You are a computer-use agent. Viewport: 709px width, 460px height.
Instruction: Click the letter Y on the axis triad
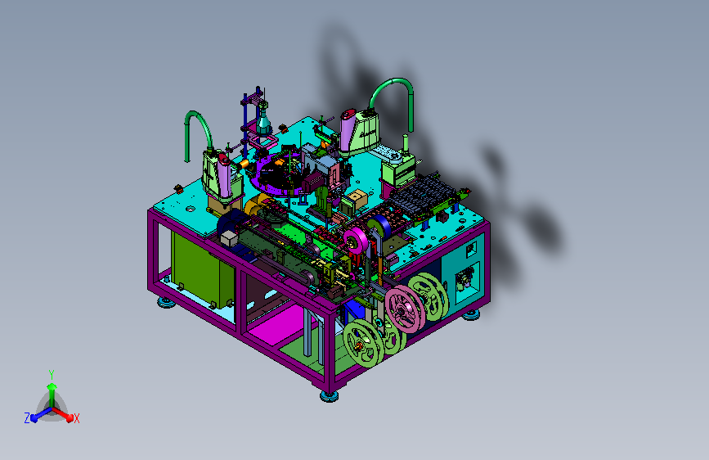pyautogui.click(x=52, y=374)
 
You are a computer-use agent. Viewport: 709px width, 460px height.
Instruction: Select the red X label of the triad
pyautogui.click(x=76, y=418)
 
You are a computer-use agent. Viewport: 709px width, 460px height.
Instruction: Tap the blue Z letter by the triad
pyautogui.click(x=27, y=418)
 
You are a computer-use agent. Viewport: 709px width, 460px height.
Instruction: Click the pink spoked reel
pyautogui.click(x=404, y=309)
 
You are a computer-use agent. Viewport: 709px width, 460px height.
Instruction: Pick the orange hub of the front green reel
pyautogui.click(x=359, y=346)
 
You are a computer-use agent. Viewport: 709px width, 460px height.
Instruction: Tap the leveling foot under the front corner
pyautogui.click(x=330, y=396)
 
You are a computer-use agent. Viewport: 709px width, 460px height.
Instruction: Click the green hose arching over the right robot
pyautogui.click(x=393, y=82)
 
